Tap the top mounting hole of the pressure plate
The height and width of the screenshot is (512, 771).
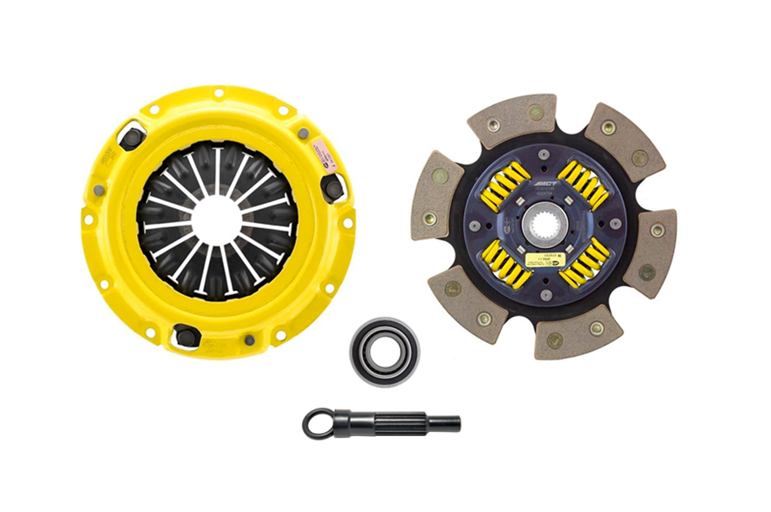[x=217, y=92]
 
